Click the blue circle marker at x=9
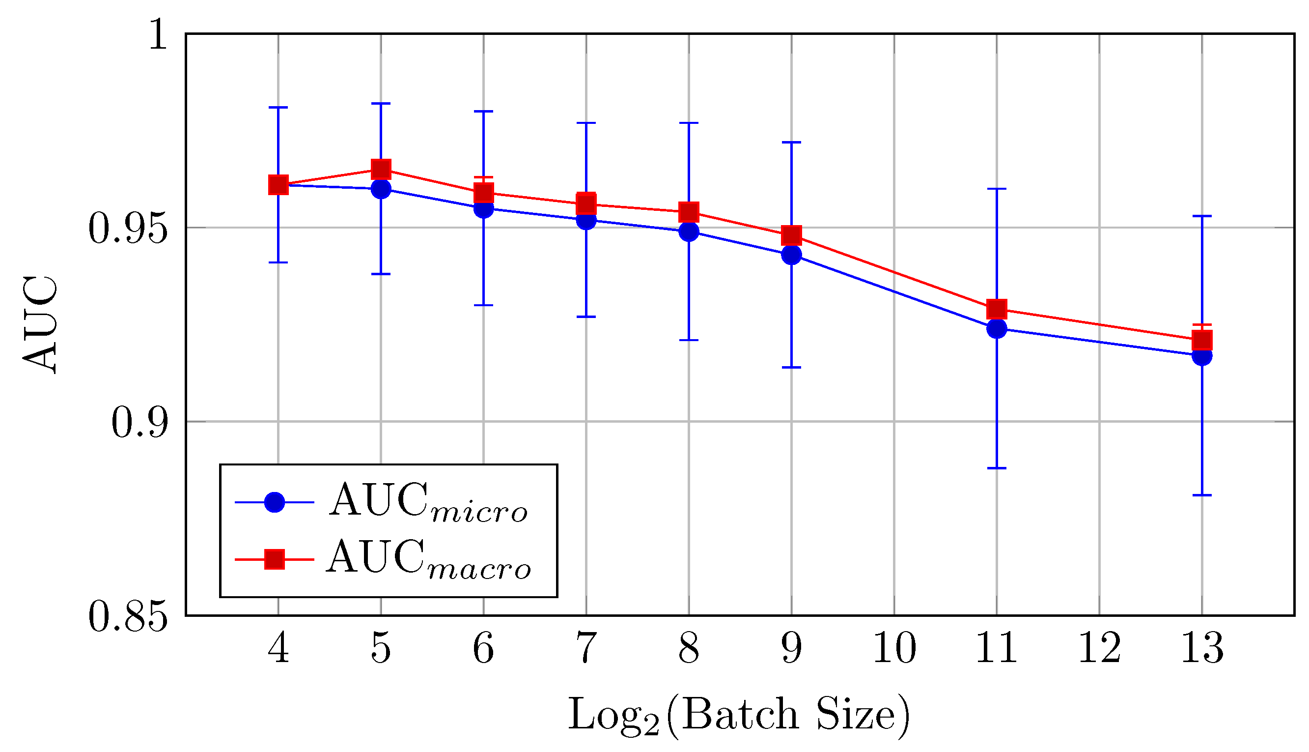click(791, 255)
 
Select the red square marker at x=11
click(997, 309)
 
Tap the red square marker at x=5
click(381, 170)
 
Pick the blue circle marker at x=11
click(997, 328)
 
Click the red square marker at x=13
click(1202, 340)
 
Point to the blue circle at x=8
click(689, 231)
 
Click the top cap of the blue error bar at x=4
click(278, 108)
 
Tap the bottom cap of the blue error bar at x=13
click(1202, 495)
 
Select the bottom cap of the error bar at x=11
click(997, 468)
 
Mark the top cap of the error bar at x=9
click(791, 142)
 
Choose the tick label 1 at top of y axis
click(158, 35)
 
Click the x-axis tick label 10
click(894, 649)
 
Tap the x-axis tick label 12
click(1099, 649)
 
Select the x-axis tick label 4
click(278, 649)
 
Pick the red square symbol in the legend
click(274, 559)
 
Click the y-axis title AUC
click(40, 324)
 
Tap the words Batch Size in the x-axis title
click(787, 715)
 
